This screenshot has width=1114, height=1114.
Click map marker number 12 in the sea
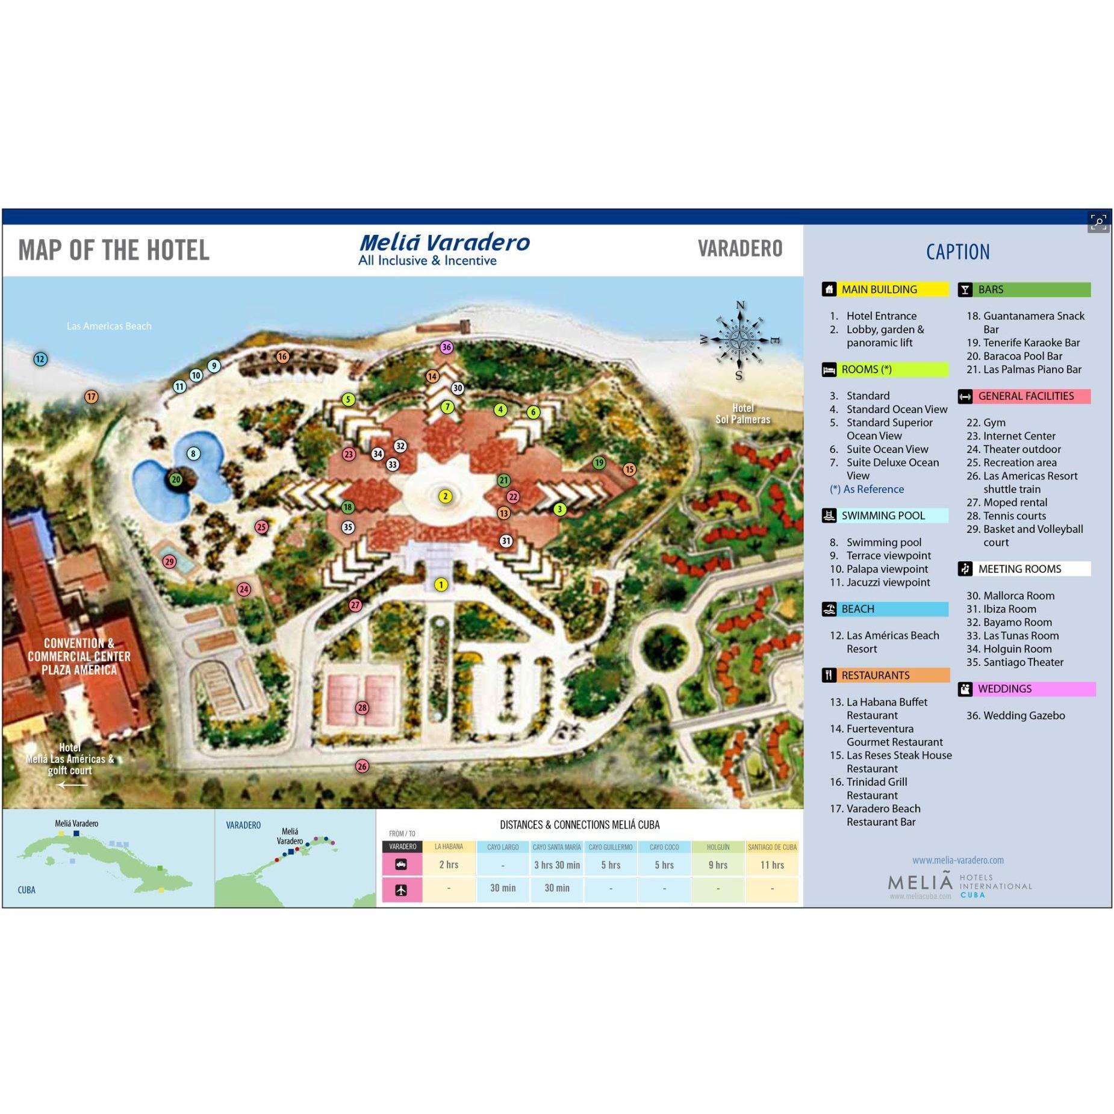click(x=40, y=359)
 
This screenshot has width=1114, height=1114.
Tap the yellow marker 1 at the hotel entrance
click(x=441, y=585)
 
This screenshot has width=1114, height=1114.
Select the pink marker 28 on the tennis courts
click(x=362, y=708)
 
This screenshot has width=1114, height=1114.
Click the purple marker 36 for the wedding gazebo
click(x=446, y=347)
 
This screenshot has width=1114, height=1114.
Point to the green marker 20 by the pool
click(x=176, y=480)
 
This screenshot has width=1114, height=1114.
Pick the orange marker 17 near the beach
click(x=91, y=397)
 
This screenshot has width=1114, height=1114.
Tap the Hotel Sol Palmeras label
click(x=742, y=414)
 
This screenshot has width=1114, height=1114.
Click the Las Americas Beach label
click(x=109, y=326)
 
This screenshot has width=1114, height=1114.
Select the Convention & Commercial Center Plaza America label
click(x=79, y=656)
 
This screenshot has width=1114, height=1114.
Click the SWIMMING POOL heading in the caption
click(x=883, y=515)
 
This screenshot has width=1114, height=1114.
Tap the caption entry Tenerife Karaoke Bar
click(x=1031, y=343)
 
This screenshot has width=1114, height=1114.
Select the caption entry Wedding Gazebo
click(x=1023, y=715)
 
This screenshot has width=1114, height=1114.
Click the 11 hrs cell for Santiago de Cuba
click(x=771, y=865)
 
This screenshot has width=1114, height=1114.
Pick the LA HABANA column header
click(x=449, y=847)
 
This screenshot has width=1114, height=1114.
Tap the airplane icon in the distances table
click(x=401, y=889)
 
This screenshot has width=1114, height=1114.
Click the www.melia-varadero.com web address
click(x=957, y=860)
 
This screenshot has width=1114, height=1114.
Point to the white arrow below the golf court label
click(x=72, y=785)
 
